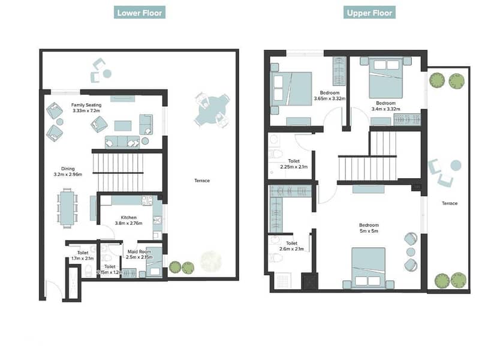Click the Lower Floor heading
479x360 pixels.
click(x=140, y=13)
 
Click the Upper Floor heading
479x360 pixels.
click(x=369, y=13)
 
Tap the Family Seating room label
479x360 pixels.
click(x=86, y=105)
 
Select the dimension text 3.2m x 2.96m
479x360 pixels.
click(x=68, y=175)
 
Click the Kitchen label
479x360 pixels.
click(x=129, y=217)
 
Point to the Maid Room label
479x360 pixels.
click(x=139, y=251)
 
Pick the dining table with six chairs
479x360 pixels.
click(x=67, y=208)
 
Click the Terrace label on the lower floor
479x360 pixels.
click(x=202, y=181)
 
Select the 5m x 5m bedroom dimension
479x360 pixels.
click(x=369, y=231)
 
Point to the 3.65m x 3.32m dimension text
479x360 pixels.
click(x=330, y=98)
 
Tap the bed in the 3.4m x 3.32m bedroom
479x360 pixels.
click(x=386, y=77)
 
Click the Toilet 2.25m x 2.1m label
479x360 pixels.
click(x=294, y=164)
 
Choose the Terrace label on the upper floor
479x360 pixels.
click(x=450, y=203)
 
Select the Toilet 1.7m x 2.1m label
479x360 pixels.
click(x=83, y=256)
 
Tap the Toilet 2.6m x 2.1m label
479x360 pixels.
click(x=292, y=246)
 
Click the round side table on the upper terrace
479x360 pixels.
click(x=456, y=165)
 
